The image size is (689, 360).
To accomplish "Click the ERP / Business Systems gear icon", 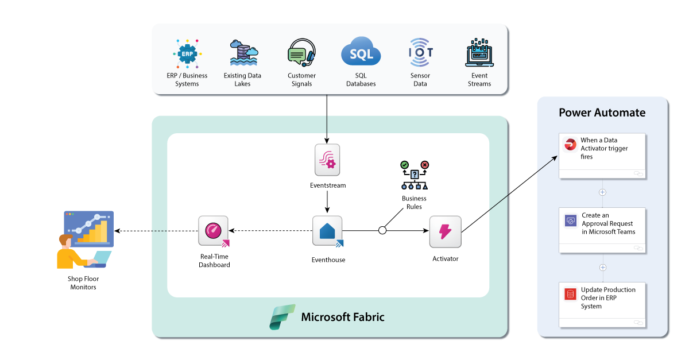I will click(187, 55).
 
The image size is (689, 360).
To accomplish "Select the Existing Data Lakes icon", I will click(243, 53).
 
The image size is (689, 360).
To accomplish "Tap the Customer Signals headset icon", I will click(301, 53).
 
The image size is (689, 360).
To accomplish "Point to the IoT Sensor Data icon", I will click(420, 53).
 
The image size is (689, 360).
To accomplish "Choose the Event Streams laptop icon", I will click(479, 53).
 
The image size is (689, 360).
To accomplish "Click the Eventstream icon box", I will click(327, 160).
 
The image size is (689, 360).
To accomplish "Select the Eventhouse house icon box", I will click(327, 231).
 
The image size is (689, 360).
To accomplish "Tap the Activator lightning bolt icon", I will click(445, 231).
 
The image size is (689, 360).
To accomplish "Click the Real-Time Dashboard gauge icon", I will click(214, 231).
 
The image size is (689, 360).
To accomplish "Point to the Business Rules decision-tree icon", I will click(414, 176).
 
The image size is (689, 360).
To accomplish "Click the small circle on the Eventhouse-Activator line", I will click(382, 231).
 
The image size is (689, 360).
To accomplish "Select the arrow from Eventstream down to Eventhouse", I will click(327, 202).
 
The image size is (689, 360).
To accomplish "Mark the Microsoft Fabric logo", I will click(282, 317).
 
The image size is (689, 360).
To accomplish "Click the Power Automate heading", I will click(602, 113).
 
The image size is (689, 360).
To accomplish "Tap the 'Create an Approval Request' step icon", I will click(570, 220).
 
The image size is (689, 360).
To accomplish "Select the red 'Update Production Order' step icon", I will click(570, 295).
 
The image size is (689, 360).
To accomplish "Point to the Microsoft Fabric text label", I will click(343, 317).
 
